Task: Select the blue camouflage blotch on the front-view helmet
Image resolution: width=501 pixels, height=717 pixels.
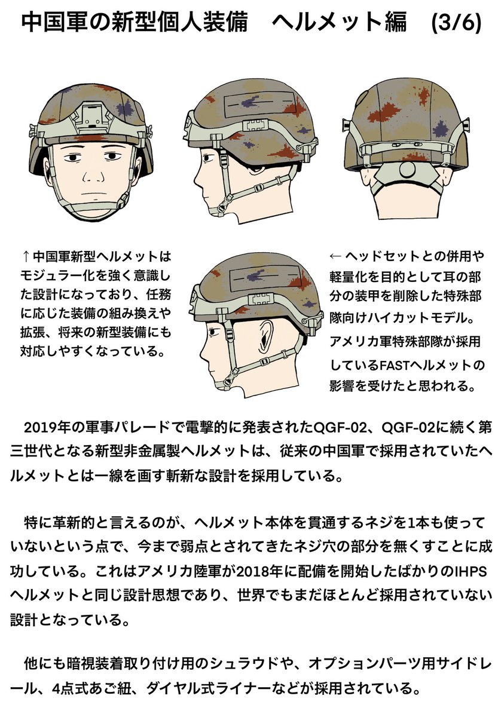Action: (125, 109)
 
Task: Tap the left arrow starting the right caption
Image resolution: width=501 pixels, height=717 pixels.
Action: (335, 256)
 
